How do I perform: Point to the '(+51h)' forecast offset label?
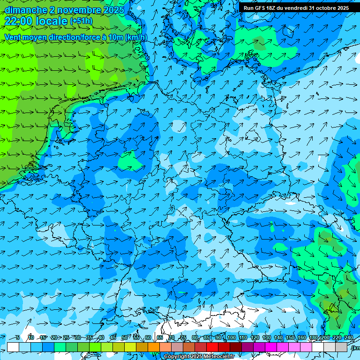click(81, 22)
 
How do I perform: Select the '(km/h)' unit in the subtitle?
click(136, 37)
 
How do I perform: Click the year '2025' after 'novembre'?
click(114, 10)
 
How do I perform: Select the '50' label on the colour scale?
click(125, 337)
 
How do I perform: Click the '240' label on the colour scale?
click(349, 337)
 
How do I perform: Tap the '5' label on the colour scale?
click(18, 337)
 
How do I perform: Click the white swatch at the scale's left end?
click(13, 347)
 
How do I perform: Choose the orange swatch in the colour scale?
click(154, 347)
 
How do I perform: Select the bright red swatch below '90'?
click(212, 347)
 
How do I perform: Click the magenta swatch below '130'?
click(271, 347)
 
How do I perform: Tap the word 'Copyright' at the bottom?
click(176, 357)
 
